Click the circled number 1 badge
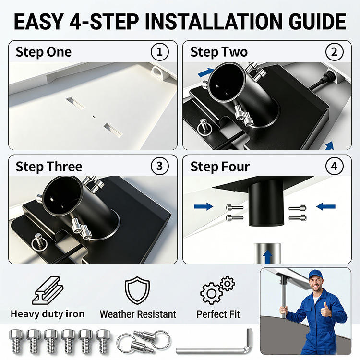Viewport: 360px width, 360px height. click(x=159, y=52)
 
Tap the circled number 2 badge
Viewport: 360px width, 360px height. click(x=334, y=52)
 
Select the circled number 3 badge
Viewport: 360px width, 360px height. click(x=159, y=166)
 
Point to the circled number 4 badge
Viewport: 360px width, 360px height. click(x=334, y=166)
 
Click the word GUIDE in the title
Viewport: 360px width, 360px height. click(x=317, y=22)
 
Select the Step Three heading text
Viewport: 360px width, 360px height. click(x=49, y=167)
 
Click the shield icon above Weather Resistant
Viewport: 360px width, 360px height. click(x=137, y=290)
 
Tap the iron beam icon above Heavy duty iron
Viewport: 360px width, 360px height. click(x=48, y=290)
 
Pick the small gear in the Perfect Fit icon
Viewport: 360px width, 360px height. click(x=228, y=284)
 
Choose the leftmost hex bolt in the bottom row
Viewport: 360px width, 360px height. click(x=16, y=341)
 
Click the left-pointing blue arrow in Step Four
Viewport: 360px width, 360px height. click(x=326, y=206)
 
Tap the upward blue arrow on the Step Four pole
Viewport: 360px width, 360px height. click(x=267, y=256)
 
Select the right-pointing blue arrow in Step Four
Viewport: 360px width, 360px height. click(x=204, y=206)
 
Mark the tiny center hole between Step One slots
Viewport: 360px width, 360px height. click(x=94, y=117)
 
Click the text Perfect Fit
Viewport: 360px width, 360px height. click(x=218, y=314)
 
